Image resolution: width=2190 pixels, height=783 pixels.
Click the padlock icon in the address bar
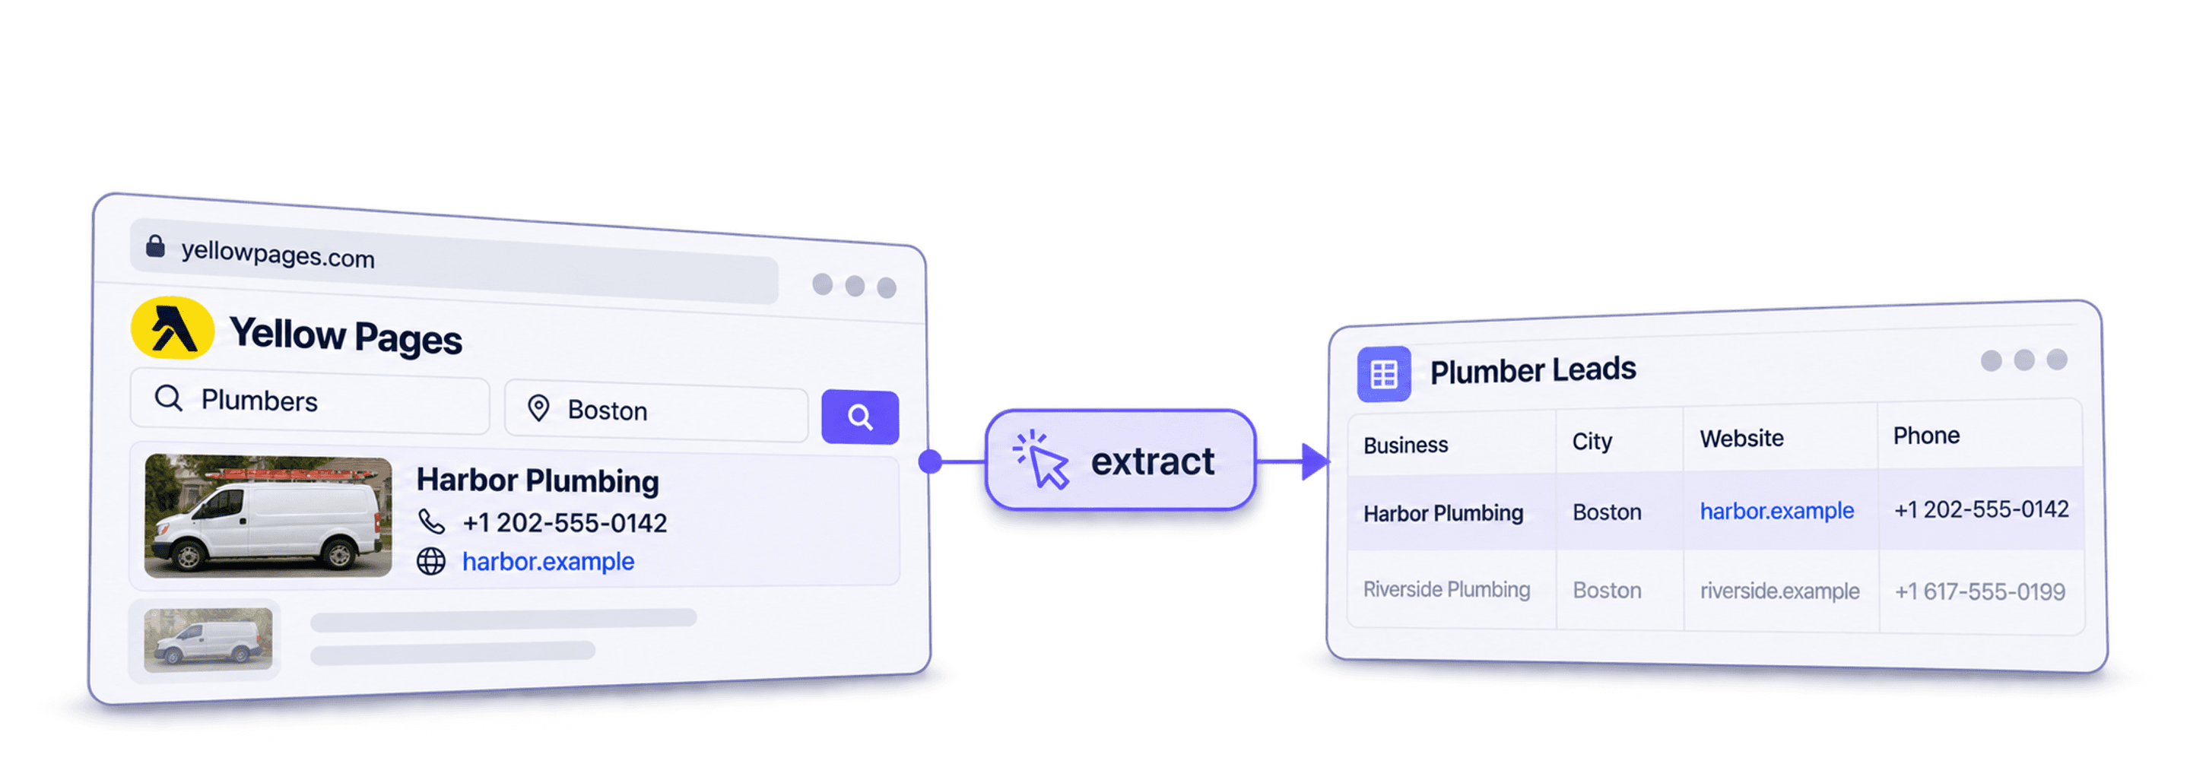tap(154, 246)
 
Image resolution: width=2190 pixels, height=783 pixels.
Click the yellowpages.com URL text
tap(278, 253)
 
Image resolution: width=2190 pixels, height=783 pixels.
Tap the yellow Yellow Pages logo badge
tap(173, 328)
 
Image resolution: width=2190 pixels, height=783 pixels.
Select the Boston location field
tap(656, 411)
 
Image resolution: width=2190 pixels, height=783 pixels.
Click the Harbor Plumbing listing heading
tap(538, 480)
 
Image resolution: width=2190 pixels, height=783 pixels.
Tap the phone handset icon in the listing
tap(431, 520)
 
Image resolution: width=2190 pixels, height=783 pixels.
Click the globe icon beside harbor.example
tap(431, 561)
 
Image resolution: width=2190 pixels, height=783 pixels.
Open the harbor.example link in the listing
tap(548, 561)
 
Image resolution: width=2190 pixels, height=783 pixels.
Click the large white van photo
tap(268, 516)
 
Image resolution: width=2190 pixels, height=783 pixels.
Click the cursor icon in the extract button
tap(1042, 459)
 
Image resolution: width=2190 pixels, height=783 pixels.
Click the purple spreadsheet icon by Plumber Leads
tap(1384, 373)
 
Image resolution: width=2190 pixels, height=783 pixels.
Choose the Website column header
tap(1742, 439)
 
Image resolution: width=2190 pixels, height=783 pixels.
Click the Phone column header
tap(1926, 436)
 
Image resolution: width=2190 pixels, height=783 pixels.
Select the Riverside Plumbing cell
tap(1447, 589)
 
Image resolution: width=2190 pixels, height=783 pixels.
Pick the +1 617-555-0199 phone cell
tap(1980, 591)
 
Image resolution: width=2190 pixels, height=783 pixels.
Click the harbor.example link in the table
tap(1777, 510)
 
